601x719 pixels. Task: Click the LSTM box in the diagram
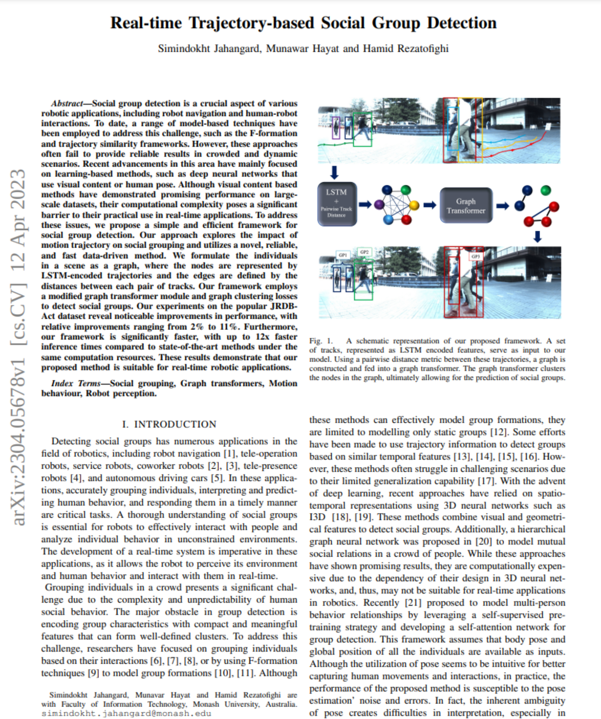(x=337, y=204)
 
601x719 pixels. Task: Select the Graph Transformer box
(x=466, y=205)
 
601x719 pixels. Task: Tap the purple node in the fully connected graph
(x=379, y=204)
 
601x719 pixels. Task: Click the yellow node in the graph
(x=414, y=205)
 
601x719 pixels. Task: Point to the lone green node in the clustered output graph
(x=546, y=190)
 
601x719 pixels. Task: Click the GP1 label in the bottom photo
(x=343, y=255)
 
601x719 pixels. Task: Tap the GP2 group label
(x=364, y=252)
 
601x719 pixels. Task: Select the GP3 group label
(x=475, y=256)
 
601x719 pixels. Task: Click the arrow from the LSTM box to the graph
(x=365, y=204)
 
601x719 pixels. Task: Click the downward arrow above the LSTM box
(x=334, y=173)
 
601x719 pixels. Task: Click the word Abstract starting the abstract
(x=67, y=103)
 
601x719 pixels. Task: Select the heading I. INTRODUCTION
(x=169, y=424)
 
